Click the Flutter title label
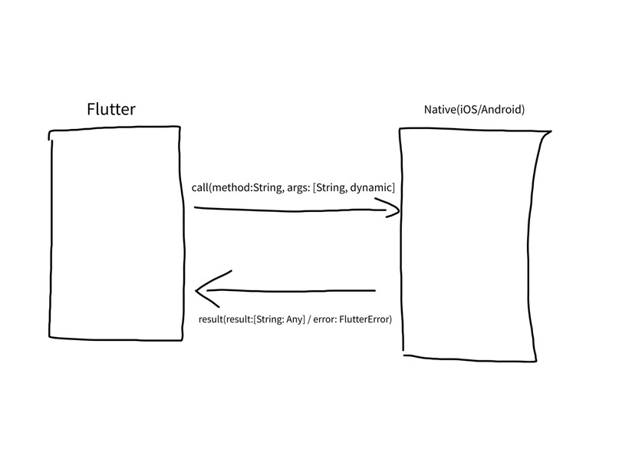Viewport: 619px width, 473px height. tap(111, 109)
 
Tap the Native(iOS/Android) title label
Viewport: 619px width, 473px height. tap(474, 110)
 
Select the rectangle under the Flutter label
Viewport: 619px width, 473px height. tap(117, 234)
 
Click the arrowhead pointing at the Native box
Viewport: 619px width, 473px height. tap(391, 207)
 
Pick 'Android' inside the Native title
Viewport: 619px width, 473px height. tap(502, 110)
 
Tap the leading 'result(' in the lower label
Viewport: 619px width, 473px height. tap(214, 319)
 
